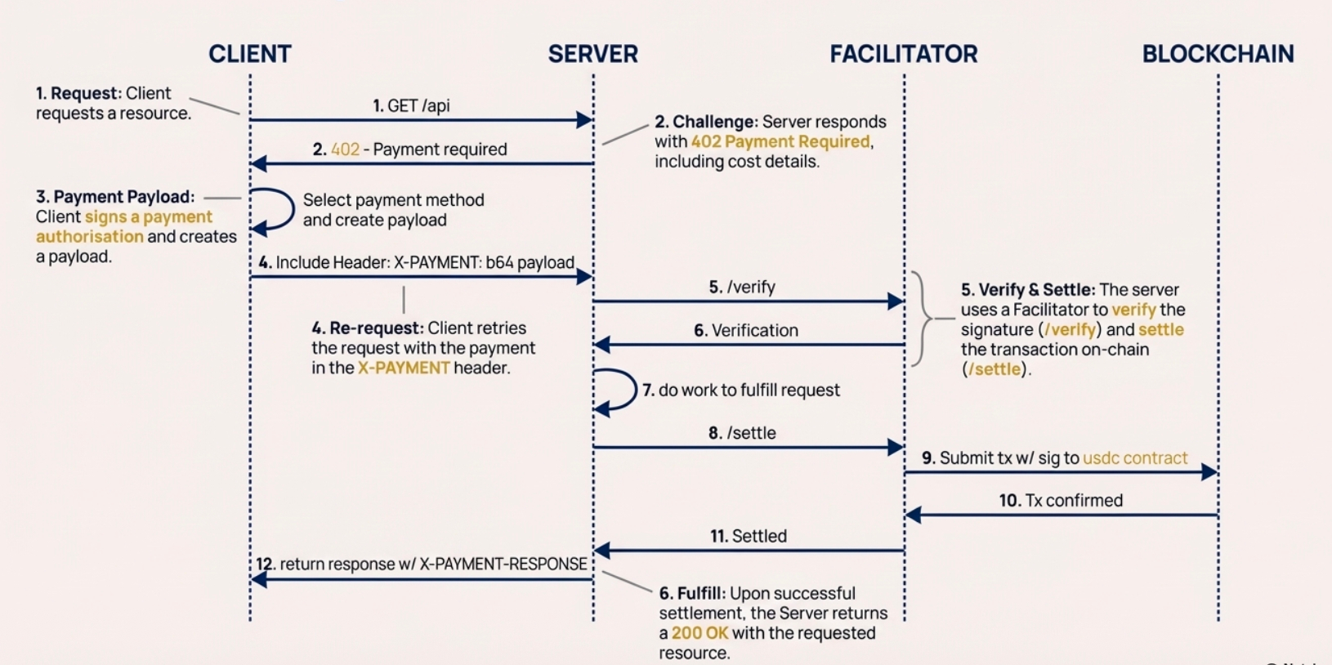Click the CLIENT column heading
249,54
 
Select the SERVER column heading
592,54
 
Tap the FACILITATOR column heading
903,54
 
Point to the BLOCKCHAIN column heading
1218,54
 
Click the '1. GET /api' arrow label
411,105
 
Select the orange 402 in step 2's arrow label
345,150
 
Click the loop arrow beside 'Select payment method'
278,210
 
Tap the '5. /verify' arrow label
742,287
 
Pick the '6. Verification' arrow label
746,330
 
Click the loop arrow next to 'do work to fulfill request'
619,391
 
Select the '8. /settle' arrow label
742,433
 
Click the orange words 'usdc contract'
1135,458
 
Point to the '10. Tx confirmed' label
1061,500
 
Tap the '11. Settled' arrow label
749,536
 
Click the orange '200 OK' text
700,633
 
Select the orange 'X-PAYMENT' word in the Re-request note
404,368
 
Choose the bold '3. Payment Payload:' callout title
115,197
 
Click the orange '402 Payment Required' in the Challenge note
780,141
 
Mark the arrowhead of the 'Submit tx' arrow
1209,471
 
